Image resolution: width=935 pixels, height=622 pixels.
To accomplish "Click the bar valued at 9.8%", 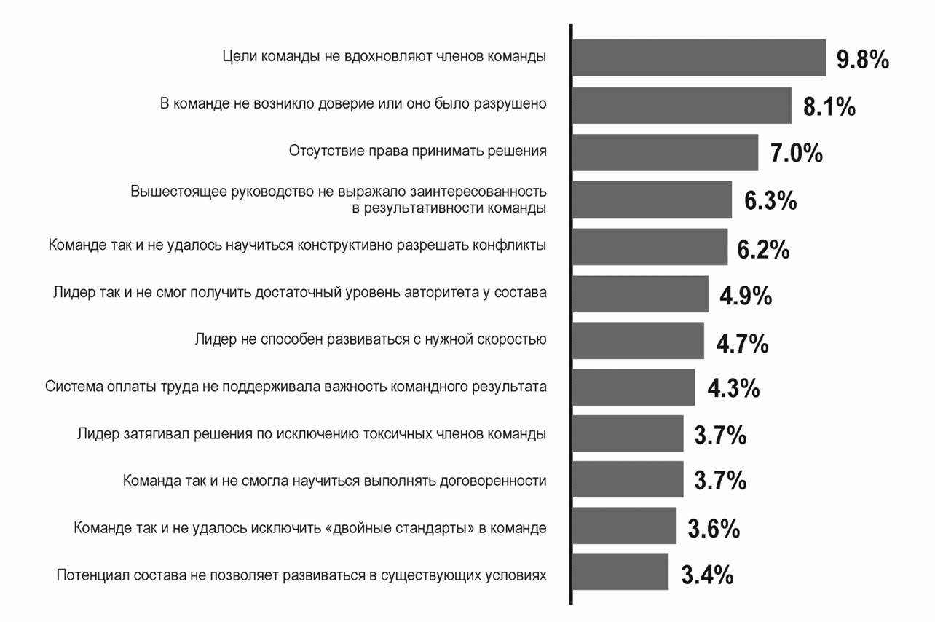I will pyautogui.click(x=698, y=58).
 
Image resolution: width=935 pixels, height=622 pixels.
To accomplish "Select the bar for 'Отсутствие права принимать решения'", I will pyautogui.click(x=664, y=152).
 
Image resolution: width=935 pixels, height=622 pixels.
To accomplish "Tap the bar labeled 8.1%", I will pyautogui.click(x=681, y=106).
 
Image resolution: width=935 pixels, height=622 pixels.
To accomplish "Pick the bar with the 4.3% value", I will pyautogui.click(x=633, y=387).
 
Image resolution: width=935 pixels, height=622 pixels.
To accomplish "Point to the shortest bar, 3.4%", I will pyautogui.click(x=620, y=572).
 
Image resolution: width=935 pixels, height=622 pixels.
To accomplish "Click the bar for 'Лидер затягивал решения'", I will pyautogui.click(x=627, y=434).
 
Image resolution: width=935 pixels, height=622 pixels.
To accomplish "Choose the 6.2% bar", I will pyautogui.click(x=649, y=247).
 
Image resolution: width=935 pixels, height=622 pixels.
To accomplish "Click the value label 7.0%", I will pyautogui.click(x=796, y=153).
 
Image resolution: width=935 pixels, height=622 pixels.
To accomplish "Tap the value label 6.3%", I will pyautogui.click(x=770, y=200).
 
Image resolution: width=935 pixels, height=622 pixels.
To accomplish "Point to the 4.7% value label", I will pyautogui.click(x=742, y=343).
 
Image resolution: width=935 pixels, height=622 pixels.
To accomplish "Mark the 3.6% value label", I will pyautogui.click(x=714, y=528).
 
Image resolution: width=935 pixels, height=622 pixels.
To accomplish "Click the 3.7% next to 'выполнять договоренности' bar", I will pyautogui.click(x=720, y=481).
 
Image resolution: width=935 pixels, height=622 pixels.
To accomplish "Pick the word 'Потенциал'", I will pyautogui.click(x=90, y=575).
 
